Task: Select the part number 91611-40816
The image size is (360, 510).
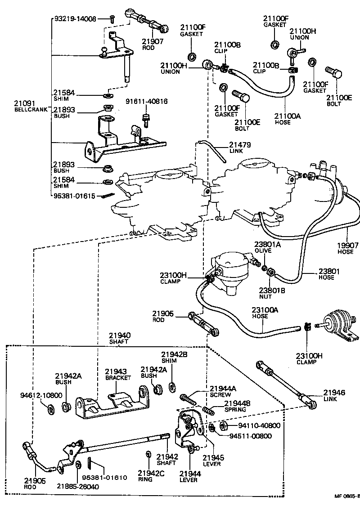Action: (x=146, y=102)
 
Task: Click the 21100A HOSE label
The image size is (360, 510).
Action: (x=288, y=118)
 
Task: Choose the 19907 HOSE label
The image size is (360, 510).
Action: (x=347, y=249)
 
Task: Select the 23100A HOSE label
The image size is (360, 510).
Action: (x=265, y=313)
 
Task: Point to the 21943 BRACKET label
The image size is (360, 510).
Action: (x=117, y=375)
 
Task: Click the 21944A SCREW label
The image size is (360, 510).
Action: (x=224, y=391)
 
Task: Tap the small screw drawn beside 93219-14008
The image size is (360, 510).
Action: (x=112, y=19)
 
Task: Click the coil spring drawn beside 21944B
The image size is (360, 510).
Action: (x=207, y=410)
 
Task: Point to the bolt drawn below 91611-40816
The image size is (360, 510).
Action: (x=146, y=120)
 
